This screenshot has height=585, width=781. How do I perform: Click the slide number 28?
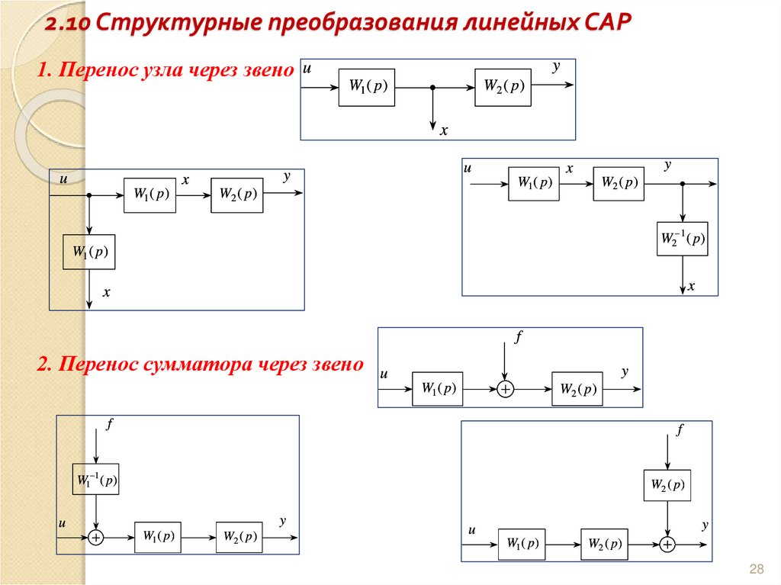(757, 569)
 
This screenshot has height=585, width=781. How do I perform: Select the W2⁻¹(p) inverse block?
(682, 239)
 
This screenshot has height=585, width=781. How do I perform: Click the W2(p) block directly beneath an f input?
(667, 484)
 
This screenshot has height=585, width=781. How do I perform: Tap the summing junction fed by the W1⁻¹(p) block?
(96, 537)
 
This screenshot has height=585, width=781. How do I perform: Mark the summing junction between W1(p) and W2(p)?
(505, 389)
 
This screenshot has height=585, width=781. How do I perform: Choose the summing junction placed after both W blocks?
(667, 544)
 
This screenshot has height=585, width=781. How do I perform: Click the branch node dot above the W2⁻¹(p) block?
(683, 185)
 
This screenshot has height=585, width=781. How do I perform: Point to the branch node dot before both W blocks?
(89, 196)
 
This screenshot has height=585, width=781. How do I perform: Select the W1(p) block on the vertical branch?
(89, 252)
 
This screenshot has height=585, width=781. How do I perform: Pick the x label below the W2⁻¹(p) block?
(692, 287)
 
